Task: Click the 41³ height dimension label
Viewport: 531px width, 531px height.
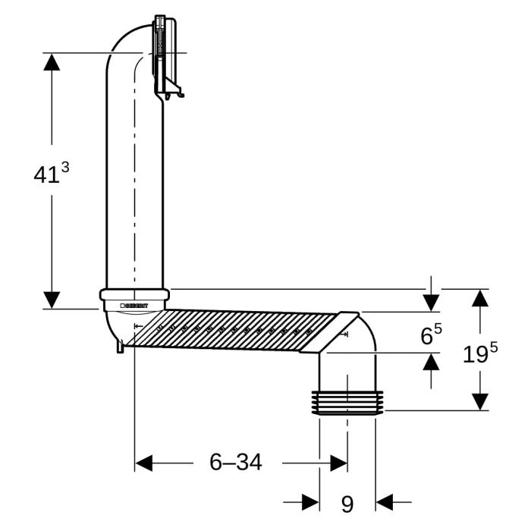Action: (x=51, y=173)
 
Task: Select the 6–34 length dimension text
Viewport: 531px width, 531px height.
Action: (x=236, y=462)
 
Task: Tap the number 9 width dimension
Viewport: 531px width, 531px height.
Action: (x=347, y=504)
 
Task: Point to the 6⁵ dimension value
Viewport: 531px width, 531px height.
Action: (x=432, y=335)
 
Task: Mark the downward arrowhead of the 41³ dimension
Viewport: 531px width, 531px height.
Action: (x=52, y=300)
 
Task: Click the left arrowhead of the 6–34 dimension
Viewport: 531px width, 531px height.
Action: (x=144, y=462)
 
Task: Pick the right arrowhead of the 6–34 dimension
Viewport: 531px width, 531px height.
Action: (x=338, y=462)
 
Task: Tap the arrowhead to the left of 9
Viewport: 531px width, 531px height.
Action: (x=309, y=502)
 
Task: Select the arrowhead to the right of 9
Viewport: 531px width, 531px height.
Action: (x=385, y=502)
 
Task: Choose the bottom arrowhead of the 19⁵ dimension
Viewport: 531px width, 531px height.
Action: (x=479, y=401)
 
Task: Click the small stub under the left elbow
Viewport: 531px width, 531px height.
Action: (x=120, y=347)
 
